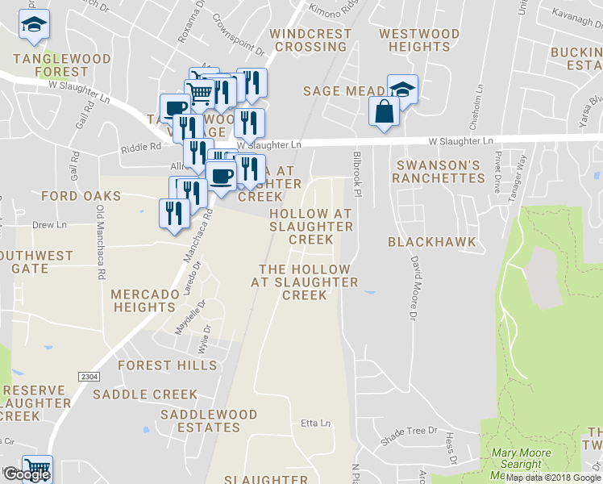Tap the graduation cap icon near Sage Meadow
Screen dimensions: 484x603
tap(404, 89)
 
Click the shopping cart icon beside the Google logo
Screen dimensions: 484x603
tap(36, 468)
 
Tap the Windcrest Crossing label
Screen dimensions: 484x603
tap(310, 40)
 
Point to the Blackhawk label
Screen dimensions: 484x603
tap(432, 242)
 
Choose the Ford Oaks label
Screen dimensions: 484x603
tap(81, 196)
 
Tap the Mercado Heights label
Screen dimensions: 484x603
tap(145, 300)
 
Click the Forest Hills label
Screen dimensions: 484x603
tap(167, 365)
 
